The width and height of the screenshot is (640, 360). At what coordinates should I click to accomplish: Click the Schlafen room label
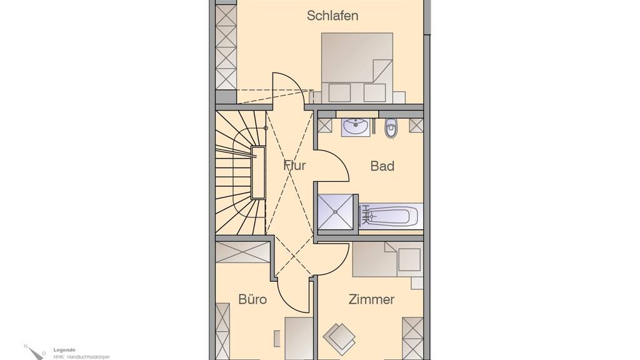[332, 16]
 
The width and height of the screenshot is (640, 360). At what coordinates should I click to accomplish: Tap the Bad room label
[382, 166]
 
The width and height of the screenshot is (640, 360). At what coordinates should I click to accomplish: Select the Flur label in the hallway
[294, 165]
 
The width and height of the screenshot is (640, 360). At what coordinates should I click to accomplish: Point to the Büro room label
[252, 299]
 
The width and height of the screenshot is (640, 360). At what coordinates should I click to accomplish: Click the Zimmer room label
[371, 299]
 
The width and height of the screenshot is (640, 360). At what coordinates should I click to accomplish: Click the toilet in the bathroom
[391, 127]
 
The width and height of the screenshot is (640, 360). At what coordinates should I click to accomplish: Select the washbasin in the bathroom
[356, 127]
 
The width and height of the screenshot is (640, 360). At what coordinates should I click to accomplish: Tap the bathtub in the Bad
[390, 216]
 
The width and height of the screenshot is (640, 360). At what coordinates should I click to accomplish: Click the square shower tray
[336, 212]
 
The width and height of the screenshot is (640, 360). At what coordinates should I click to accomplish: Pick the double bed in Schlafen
[357, 67]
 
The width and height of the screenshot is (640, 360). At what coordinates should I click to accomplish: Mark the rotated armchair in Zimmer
[339, 338]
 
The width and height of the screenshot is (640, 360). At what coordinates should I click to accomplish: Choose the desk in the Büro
[299, 338]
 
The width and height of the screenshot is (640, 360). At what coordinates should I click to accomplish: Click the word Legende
[64, 350]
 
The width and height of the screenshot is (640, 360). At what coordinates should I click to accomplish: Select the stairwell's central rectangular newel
[258, 172]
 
